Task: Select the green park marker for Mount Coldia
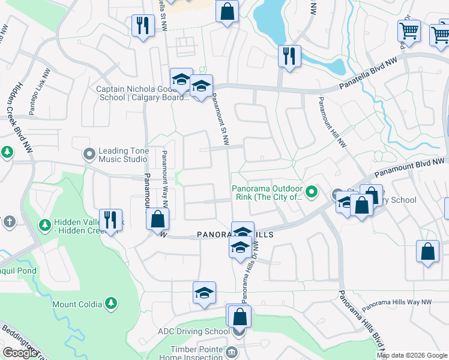click(x=110, y=304)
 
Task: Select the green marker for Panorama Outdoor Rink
click(x=311, y=193)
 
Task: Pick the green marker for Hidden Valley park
click(x=44, y=226)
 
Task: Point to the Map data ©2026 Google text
click(x=412, y=355)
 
